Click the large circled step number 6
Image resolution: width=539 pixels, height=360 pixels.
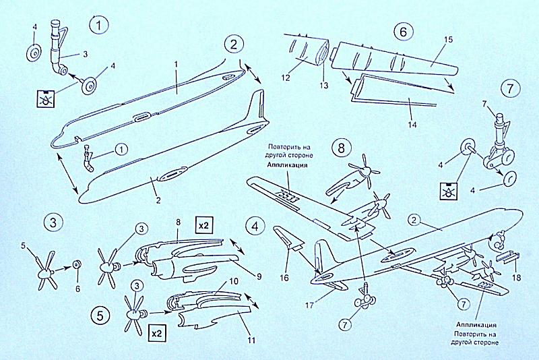click(403, 32)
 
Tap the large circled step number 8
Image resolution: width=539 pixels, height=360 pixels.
click(341, 148)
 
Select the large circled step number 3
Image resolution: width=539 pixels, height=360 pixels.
click(53, 222)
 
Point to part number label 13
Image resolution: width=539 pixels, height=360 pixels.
click(324, 85)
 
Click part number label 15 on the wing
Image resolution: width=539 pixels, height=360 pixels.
click(448, 40)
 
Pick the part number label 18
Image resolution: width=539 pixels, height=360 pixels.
click(515, 278)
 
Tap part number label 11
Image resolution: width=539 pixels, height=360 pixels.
click(251, 340)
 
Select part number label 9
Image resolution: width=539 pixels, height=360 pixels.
click(258, 276)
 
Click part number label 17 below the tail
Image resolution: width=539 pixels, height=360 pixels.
click(309, 305)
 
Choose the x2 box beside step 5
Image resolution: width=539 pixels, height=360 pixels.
click(157, 333)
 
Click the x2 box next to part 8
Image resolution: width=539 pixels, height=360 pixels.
click(203, 225)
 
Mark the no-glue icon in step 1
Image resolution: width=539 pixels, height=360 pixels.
click(46, 98)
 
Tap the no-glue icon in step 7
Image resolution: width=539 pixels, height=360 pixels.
click(449, 191)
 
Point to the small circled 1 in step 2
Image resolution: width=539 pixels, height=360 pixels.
click(121, 149)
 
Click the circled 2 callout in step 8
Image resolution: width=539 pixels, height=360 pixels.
click(414, 220)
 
